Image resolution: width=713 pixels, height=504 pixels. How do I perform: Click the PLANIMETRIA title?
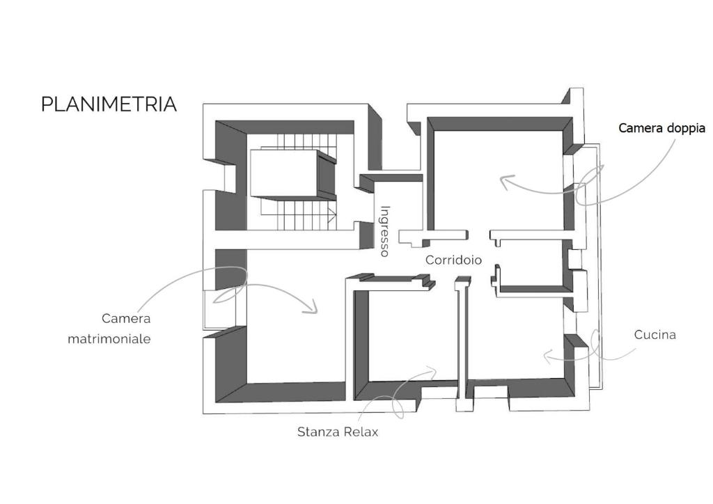point(109,104)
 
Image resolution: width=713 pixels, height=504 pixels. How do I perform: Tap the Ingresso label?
point(384,231)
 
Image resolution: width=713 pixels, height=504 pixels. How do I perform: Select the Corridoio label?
point(453,260)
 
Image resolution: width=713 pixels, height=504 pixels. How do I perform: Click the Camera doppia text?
point(661,128)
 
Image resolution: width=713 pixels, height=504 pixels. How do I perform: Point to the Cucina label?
point(655,335)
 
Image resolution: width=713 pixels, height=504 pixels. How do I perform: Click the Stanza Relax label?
point(338,432)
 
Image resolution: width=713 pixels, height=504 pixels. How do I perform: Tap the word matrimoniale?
point(109,339)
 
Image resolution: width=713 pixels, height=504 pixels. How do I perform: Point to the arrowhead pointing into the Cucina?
point(549,356)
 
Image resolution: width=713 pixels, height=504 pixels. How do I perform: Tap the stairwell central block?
point(293,173)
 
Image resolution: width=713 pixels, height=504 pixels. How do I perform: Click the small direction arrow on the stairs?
point(332,213)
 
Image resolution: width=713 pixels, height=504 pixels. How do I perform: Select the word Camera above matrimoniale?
point(126,319)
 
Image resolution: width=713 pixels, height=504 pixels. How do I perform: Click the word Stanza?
point(318,432)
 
